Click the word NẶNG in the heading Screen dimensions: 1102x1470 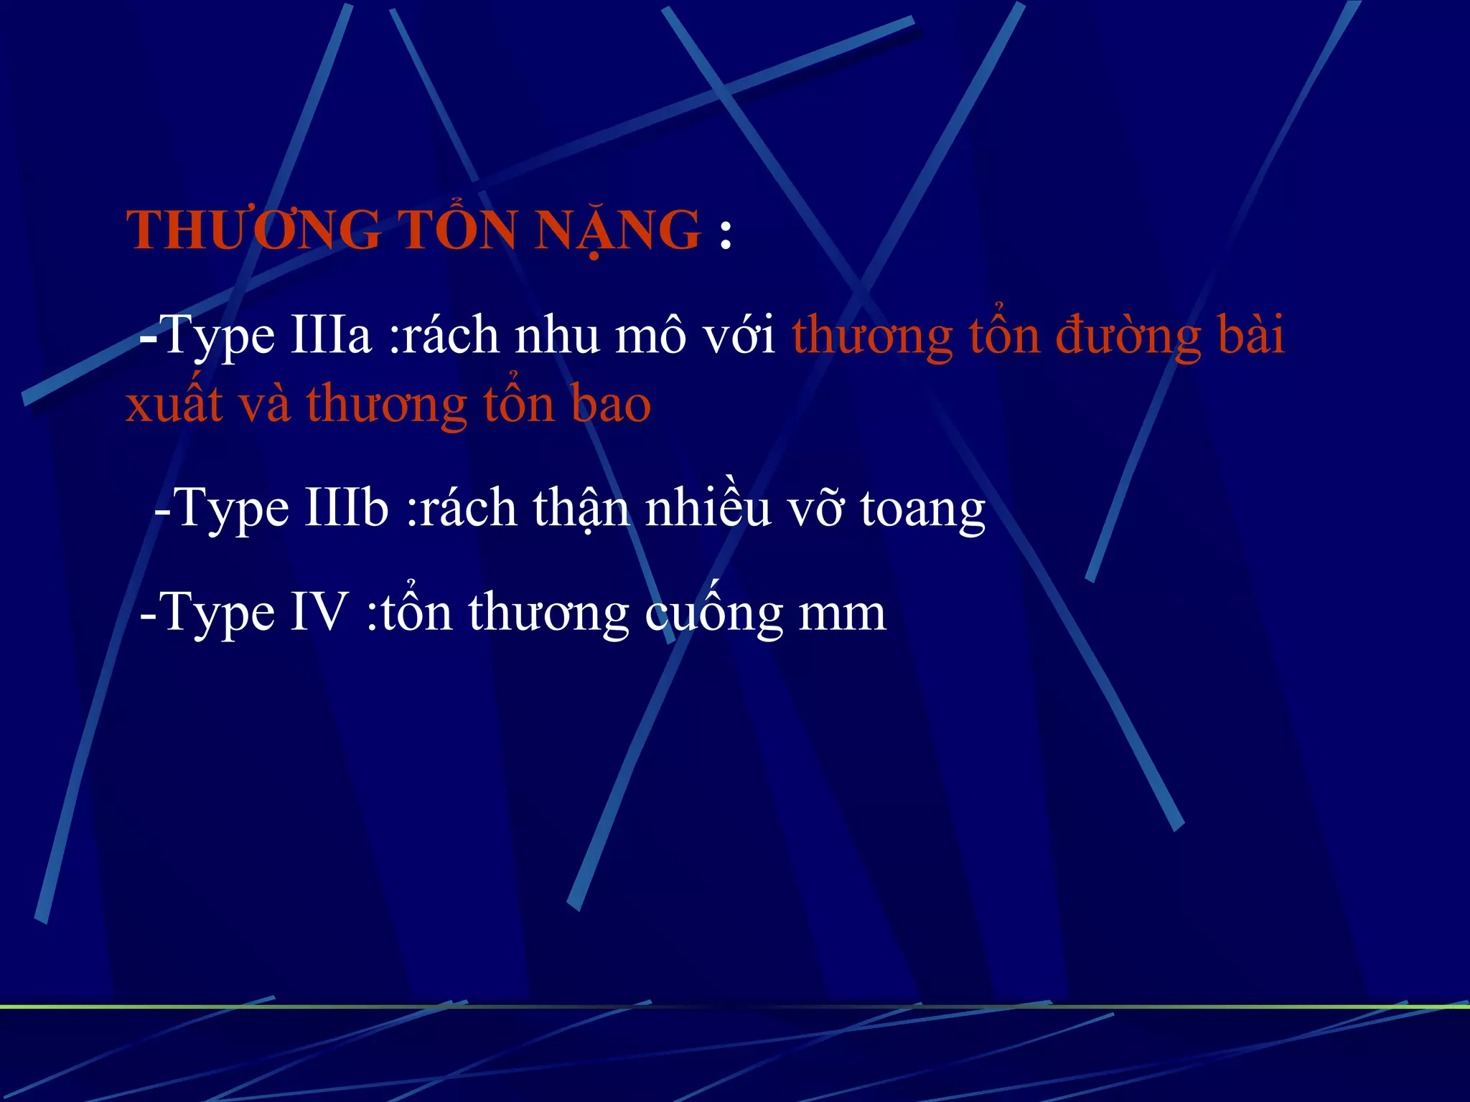(x=617, y=231)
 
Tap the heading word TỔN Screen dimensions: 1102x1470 (x=457, y=231)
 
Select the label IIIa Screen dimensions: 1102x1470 (x=331, y=336)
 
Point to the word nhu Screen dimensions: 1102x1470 (x=557, y=336)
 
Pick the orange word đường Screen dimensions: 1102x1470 (x=1128, y=336)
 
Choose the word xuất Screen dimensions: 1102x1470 (x=174, y=405)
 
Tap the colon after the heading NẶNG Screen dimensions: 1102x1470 (x=725, y=234)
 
